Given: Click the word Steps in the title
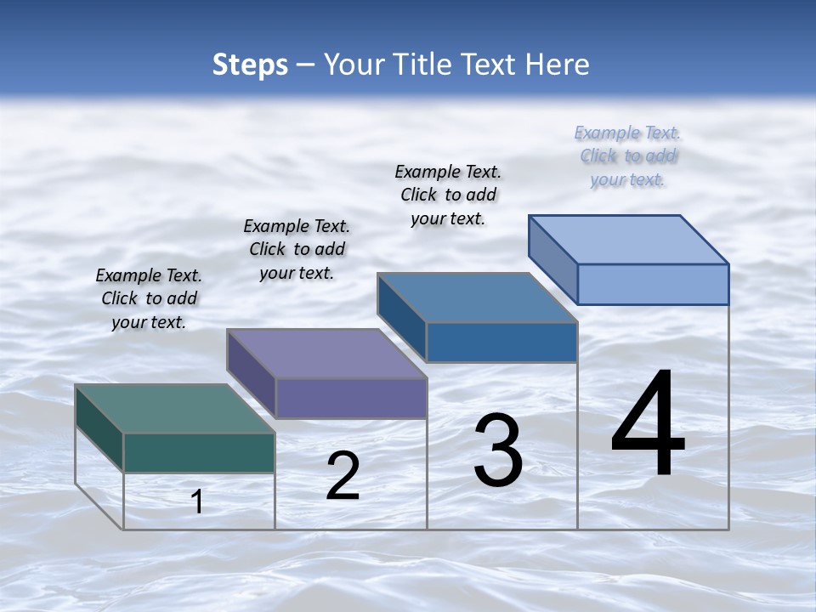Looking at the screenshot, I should click(x=250, y=65).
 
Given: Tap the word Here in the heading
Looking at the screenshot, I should click(x=558, y=65).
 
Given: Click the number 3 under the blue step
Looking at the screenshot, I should click(x=498, y=450).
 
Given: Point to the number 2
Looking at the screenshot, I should click(x=343, y=476).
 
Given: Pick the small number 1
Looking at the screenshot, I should click(x=197, y=501).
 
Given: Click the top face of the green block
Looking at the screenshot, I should click(x=174, y=409).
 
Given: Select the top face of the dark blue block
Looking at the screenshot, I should click(x=478, y=297).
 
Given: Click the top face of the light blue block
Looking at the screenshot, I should click(x=629, y=240).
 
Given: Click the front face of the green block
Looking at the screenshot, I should click(x=199, y=452).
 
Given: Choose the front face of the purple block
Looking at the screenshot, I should click(x=351, y=398).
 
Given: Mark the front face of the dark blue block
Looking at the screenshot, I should click(x=501, y=342).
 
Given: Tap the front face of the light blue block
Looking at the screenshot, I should click(x=653, y=284).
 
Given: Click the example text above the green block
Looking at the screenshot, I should click(x=149, y=298).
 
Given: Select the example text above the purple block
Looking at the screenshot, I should click(x=297, y=249).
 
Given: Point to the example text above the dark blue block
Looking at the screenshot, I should click(x=448, y=195).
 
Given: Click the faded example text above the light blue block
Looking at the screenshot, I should click(x=627, y=156).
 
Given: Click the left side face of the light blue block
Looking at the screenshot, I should click(x=553, y=259).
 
